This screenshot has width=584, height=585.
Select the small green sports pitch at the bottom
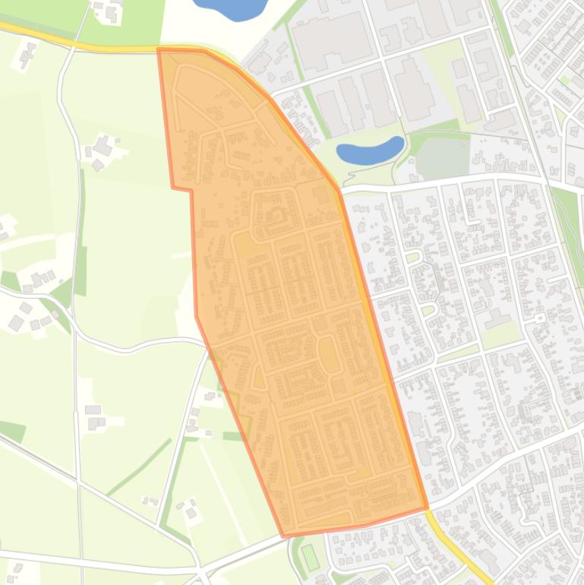310,557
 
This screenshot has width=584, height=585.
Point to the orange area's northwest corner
159,50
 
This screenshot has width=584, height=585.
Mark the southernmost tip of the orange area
285,536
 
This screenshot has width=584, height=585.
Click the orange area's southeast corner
426,506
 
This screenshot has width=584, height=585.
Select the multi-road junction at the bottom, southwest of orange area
201,568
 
